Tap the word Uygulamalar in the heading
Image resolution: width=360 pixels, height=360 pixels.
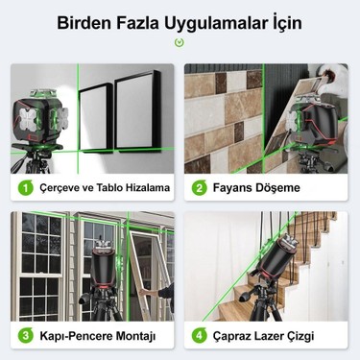coord(208,22)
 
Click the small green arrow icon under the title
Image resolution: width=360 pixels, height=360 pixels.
coord(179,42)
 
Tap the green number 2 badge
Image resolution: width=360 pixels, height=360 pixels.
coord(201,188)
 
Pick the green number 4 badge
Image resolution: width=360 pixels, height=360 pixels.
coord(201,336)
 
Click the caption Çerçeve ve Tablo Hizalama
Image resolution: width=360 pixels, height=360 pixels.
coord(103,188)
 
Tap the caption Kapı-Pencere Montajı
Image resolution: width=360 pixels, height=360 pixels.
coord(99,336)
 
